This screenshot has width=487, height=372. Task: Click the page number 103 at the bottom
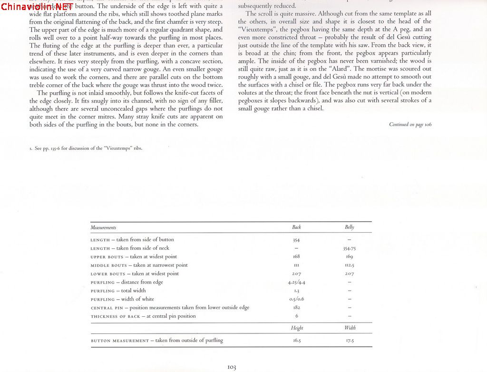click(232, 367)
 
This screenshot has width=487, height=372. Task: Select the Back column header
click(296, 227)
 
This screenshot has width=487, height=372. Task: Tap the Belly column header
click(349, 227)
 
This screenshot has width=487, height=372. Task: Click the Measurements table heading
click(103, 228)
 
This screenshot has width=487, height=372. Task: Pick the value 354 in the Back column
click(296, 240)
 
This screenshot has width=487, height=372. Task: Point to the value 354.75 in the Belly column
click(349, 248)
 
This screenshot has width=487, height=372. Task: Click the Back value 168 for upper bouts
click(296, 257)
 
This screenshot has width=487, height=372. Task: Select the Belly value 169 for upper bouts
click(349, 257)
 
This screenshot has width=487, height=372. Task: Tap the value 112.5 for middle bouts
click(349, 265)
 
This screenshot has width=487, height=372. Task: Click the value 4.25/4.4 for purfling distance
click(296, 283)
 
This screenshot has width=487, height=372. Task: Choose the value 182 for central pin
click(296, 308)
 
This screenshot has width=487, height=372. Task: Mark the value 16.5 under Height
click(296, 341)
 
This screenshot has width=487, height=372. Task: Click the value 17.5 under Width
click(349, 341)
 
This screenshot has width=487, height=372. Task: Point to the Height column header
click(297, 328)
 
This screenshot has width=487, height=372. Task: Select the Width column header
click(350, 328)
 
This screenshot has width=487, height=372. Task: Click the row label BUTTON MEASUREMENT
click(119, 341)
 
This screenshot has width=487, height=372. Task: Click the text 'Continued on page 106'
click(410, 125)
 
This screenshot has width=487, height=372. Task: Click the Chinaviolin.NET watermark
click(37, 7)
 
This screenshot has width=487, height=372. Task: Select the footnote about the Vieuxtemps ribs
click(86, 148)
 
